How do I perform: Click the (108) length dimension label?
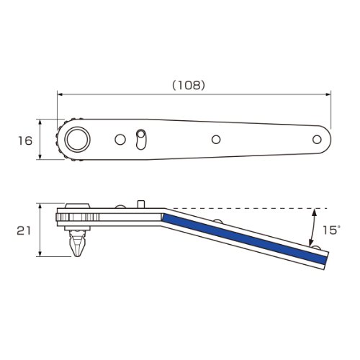click(189, 85)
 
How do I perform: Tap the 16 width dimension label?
click(25, 140)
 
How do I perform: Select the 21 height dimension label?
click(24, 230)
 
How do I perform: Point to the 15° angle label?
click(331, 230)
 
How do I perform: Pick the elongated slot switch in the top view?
click(141, 140)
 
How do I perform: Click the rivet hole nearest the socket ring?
click(120, 140)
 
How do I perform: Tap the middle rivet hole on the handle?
click(216, 140)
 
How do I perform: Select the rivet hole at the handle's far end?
click(317, 140)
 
